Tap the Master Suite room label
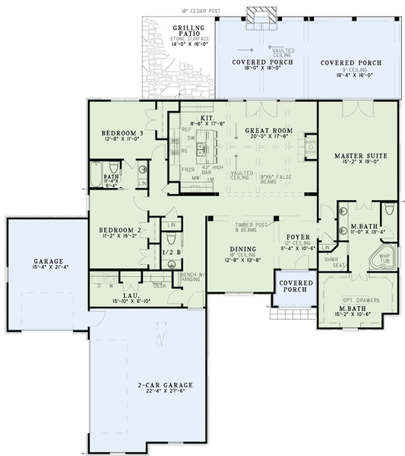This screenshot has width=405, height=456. point(361,155)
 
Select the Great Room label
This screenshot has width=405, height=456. point(269,131)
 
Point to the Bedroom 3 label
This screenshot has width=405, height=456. point(123,133)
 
